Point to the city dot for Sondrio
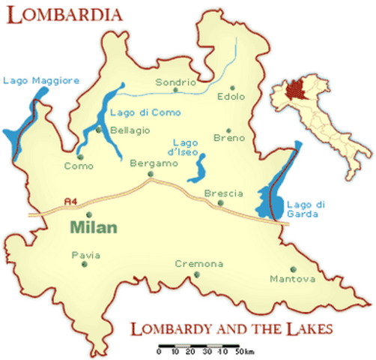(176, 91)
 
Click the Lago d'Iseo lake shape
(199, 168)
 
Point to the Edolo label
(231, 97)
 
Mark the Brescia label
(224, 193)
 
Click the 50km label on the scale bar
(244, 352)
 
